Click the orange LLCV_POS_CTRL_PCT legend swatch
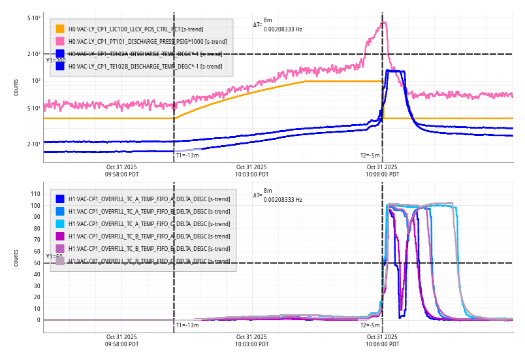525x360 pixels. [x=60, y=29]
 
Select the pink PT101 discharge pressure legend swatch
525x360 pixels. [x=60, y=41]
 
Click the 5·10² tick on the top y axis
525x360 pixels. [x=34, y=18]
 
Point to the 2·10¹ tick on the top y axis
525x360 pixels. [x=34, y=144]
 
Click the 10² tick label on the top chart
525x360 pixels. [x=36, y=81]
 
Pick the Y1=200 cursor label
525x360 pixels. [x=56, y=61]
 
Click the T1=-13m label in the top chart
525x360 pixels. [x=187, y=155]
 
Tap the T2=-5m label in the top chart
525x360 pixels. [x=370, y=155]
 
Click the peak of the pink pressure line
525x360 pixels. [x=385, y=23]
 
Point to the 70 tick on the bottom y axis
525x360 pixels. [x=37, y=240]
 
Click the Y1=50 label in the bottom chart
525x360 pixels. [x=54, y=257]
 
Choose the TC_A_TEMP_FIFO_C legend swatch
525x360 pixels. [x=60, y=223]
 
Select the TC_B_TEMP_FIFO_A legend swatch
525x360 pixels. [x=60, y=236]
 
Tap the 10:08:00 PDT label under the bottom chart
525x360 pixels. [x=382, y=340]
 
